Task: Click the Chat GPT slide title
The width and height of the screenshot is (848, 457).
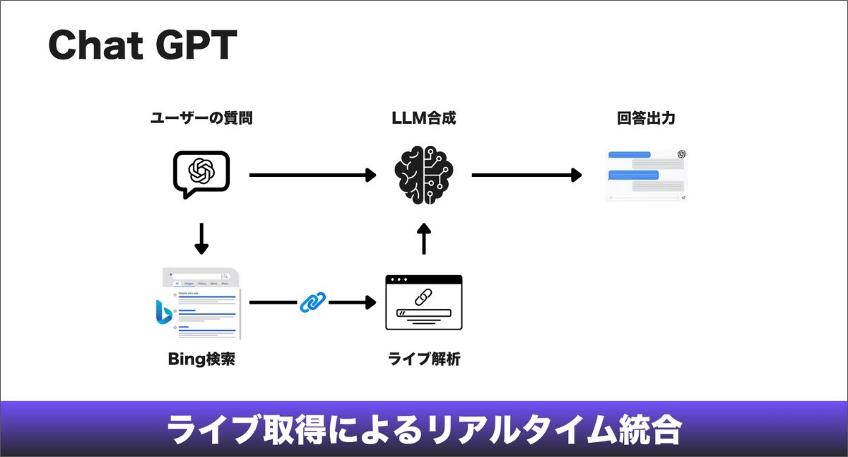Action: coord(142,47)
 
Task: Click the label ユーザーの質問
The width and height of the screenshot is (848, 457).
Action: coord(201,119)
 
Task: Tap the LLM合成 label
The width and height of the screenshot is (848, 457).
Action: coord(424,119)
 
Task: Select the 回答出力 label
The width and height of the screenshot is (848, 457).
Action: coord(646,119)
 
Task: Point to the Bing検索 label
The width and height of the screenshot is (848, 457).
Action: coord(201,359)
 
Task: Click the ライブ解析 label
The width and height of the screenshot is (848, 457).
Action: coord(424,359)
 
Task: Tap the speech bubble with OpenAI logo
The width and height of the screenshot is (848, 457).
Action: coord(201,173)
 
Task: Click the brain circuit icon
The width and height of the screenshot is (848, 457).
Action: coord(424,175)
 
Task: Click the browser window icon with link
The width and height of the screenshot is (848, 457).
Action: coord(424,303)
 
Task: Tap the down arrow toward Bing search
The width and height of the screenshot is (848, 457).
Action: coord(201,239)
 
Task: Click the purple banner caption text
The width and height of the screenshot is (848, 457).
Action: coord(424,429)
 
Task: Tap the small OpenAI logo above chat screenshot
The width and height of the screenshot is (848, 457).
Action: coord(681,154)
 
